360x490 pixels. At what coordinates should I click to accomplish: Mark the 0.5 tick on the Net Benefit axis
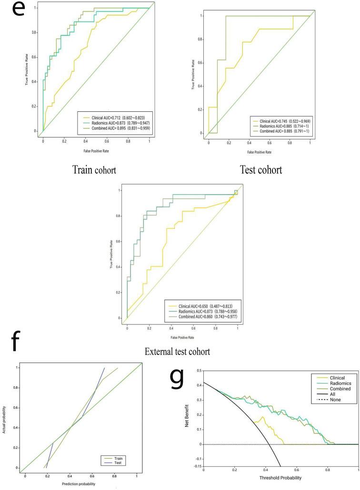(198, 370)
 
